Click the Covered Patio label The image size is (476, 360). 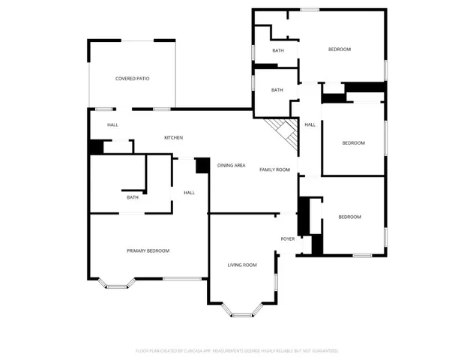[132, 78]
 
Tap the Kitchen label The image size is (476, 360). [174, 137]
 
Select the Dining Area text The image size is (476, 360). [231, 165]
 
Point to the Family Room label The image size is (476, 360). [274, 169]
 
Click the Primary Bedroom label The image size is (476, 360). [148, 250]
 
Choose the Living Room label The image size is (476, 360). [242, 265]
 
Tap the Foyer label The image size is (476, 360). [288, 239]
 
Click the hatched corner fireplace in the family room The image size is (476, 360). [285, 133]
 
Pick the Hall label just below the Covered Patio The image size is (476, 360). [112, 124]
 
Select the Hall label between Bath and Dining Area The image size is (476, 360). [189, 193]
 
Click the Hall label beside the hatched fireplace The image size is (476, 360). [310, 124]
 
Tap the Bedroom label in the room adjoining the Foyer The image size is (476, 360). [349, 217]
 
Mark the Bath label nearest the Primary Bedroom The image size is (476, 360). [133, 197]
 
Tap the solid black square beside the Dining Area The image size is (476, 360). [202, 166]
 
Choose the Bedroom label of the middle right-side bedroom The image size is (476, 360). [353, 142]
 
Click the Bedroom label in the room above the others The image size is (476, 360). [340, 49]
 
